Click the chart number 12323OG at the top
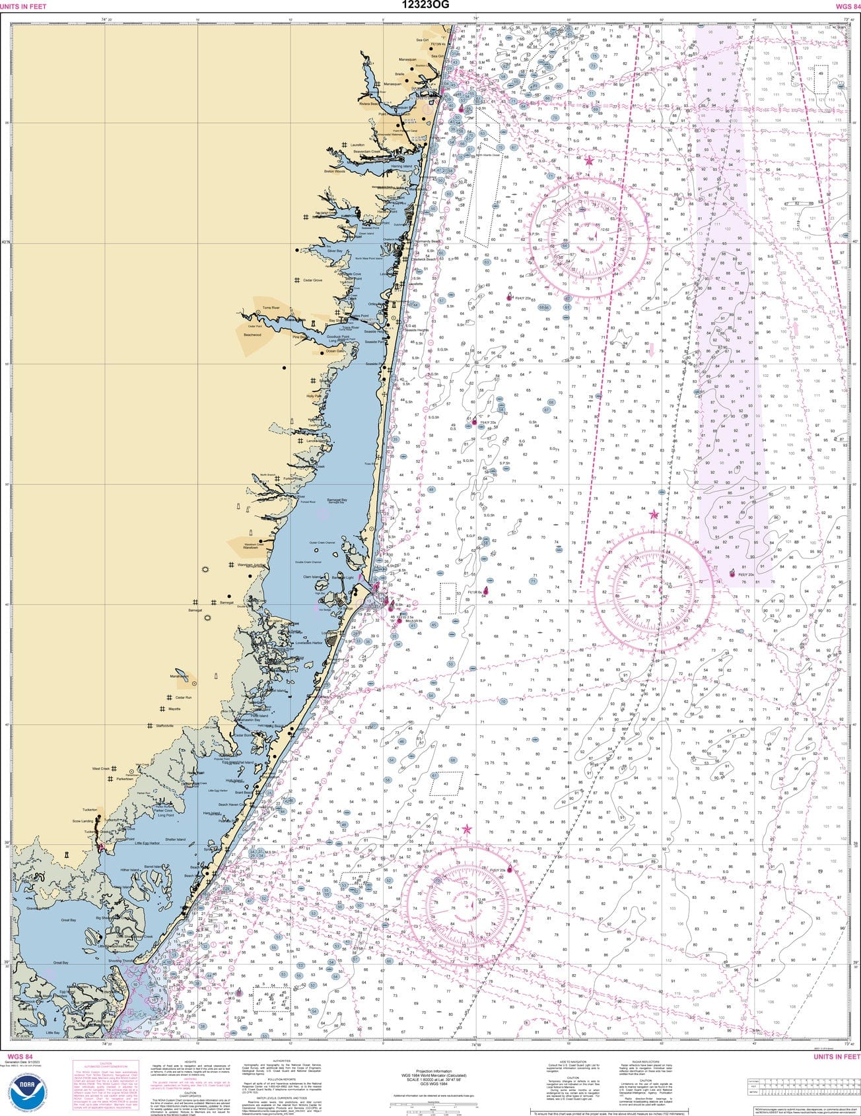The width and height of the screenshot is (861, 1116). coord(430,5)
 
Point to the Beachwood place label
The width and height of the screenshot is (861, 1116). coord(252,335)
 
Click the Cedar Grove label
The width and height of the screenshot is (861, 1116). coord(312,280)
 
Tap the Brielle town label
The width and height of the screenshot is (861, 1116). coord(399,74)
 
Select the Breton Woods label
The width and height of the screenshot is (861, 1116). coord(334,172)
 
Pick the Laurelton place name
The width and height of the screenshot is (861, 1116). coord(357,145)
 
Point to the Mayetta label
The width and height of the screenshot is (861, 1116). coord(174,709)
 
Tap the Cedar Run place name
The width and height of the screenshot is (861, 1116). coord(183,697)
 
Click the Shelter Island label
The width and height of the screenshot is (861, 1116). coord(176,839)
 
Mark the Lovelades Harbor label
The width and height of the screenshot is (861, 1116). coord(309,642)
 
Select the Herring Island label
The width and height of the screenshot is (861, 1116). coord(401,166)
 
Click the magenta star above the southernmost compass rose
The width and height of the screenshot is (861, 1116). coord(467,830)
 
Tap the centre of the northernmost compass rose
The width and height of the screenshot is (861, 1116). coord(589,230)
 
